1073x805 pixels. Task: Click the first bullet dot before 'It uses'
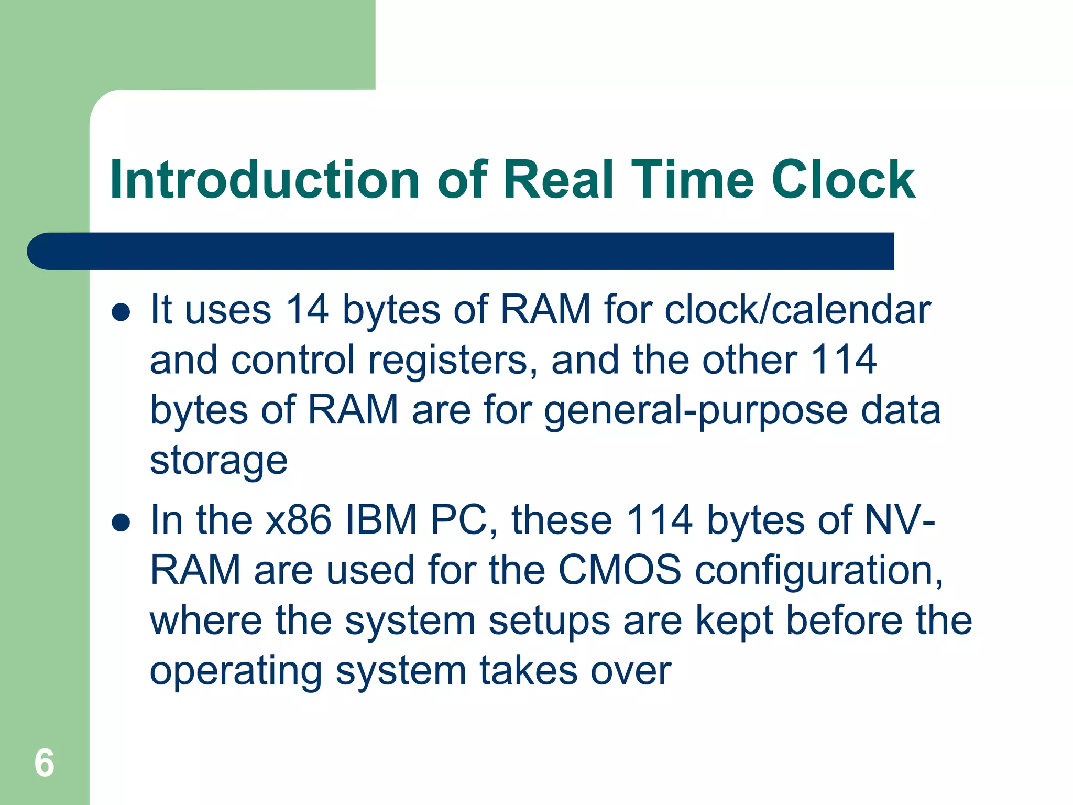click(x=121, y=312)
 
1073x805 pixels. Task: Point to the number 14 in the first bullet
click(x=307, y=310)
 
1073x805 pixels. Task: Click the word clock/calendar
click(x=797, y=310)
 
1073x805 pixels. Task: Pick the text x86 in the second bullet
click(x=298, y=520)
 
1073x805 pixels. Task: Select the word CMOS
click(x=619, y=570)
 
